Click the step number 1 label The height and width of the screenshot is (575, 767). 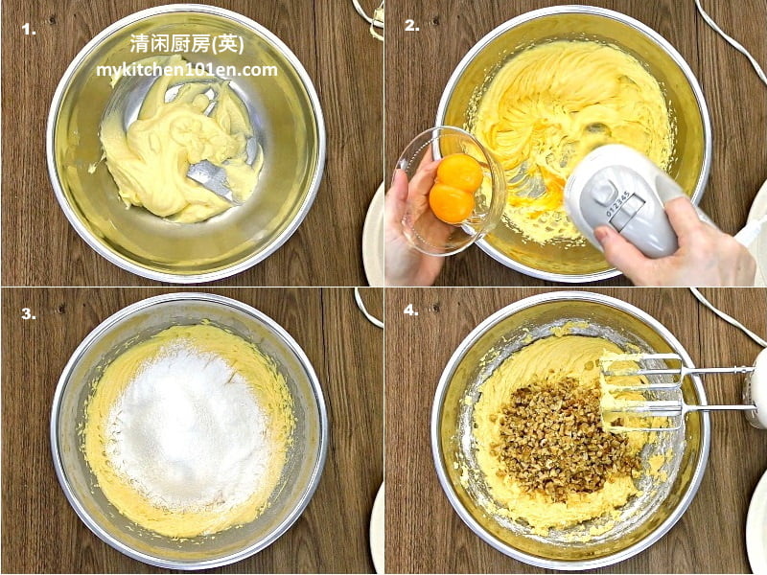point(29,30)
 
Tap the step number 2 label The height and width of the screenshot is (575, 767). point(412,26)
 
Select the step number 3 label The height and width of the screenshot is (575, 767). point(29,313)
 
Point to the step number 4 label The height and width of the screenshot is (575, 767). point(411,310)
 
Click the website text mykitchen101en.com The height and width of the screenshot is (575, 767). point(187,70)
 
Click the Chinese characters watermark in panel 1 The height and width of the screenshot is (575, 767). point(187,44)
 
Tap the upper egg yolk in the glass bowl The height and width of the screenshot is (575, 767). point(459,172)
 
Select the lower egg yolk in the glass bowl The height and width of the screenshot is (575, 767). point(451,203)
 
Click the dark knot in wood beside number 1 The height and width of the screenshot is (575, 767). point(51,21)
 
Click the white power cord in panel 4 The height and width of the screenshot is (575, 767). point(724,313)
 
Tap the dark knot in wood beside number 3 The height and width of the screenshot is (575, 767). point(60,309)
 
